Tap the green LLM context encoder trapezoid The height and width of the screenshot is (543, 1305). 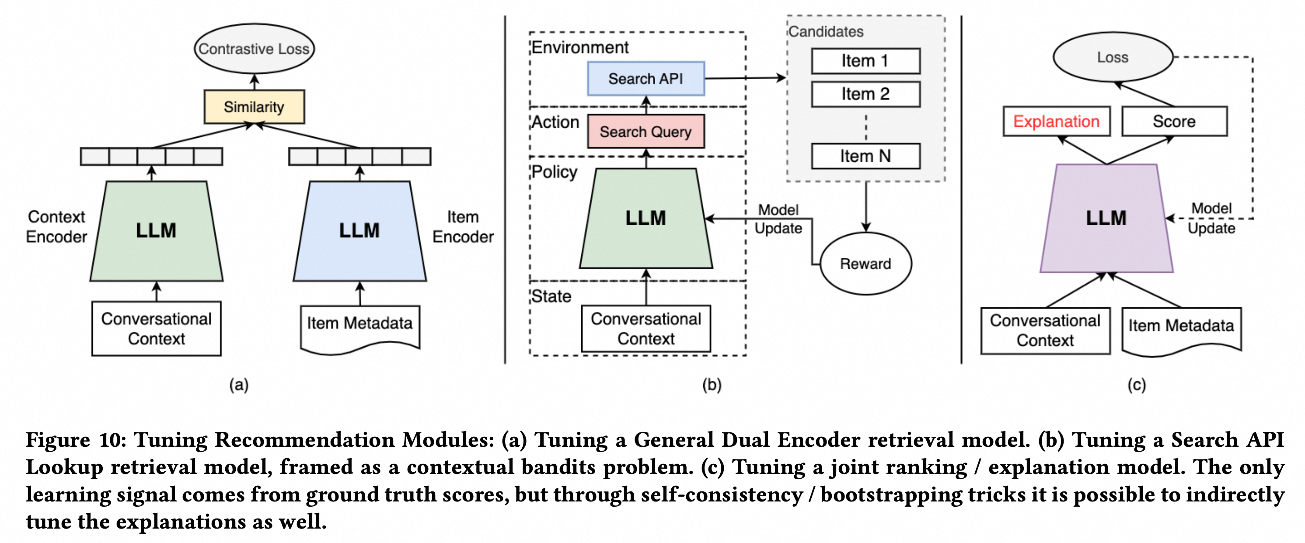click(156, 231)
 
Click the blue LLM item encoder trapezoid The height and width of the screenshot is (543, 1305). click(359, 231)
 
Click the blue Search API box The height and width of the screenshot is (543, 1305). click(646, 79)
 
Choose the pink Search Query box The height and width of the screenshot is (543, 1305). click(646, 132)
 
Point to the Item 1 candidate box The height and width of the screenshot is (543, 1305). click(865, 61)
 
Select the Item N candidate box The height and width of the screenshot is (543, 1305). click(865, 156)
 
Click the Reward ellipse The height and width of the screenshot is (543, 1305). click(865, 263)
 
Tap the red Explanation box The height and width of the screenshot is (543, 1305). click(1056, 122)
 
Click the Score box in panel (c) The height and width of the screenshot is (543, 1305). click(1174, 122)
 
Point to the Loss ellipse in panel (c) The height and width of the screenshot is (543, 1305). click(1113, 57)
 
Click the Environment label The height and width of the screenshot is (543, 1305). click(579, 48)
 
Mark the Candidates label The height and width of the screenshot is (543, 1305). click(826, 31)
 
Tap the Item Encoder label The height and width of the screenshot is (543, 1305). click(463, 227)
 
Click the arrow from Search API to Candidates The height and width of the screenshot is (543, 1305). click(745, 78)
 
